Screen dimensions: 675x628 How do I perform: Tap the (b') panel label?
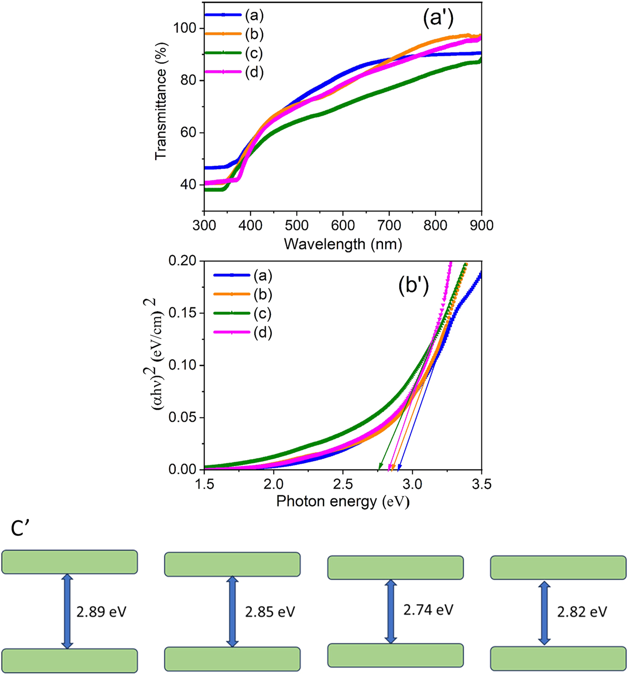pyautogui.click(x=413, y=287)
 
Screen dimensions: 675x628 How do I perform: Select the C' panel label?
pyautogui.click(x=20, y=529)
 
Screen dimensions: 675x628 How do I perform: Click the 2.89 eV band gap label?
pyautogui.click(x=101, y=612)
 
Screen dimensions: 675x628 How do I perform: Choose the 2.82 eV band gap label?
pyautogui.click(x=582, y=612)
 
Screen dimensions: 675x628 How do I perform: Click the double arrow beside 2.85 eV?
pyautogui.click(x=232, y=611)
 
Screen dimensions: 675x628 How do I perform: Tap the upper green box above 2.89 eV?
pyautogui.click(x=70, y=562)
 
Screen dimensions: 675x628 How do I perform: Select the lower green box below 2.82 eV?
pyautogui.click(x=558, y=658)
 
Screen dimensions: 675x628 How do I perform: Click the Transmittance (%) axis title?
pyautogui.click(x=161, y=101)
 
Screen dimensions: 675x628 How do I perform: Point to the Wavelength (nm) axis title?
pyautogui.click(x=343, y=244)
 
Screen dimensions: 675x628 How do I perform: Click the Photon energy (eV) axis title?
pyautogui.click(x=343, y=501)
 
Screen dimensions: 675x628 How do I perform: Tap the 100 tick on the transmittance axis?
pyautogui.click(x=186, y=28)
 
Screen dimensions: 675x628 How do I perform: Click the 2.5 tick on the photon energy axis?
pyautogui.click(x=343, y=484)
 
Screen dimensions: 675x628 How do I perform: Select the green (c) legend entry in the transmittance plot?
pyautogui.click(x=234, y=53)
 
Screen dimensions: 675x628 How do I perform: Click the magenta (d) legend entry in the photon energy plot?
pyautogui.click(x=243, y=332)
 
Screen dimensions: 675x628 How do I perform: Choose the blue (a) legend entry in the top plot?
pyautogui.click(x=234, y=15)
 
